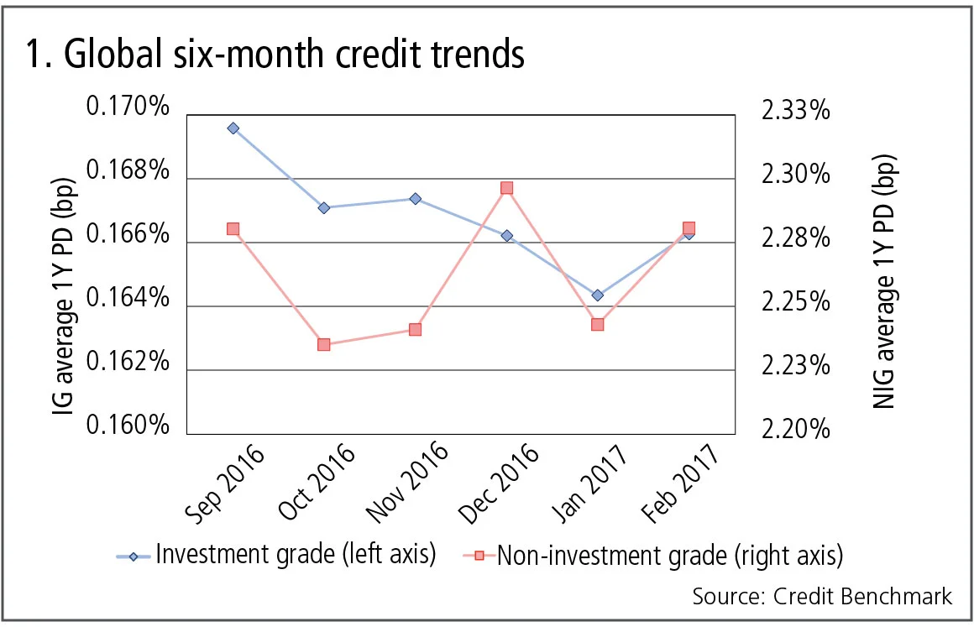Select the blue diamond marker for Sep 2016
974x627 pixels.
tap(233, 128)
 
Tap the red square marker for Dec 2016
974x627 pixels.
tap(507, 188)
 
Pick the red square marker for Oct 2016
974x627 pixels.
tap(324, 344)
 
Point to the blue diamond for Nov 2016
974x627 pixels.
tap(416, 199)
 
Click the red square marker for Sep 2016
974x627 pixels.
tap(233, 229)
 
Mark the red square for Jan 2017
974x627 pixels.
tap(598, 324)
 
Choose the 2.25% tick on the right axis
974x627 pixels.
tap(795, 301)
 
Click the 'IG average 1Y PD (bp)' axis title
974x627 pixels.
tap(64, 269)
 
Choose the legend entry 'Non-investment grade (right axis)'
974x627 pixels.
tap(659, 555)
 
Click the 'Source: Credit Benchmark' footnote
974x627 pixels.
tap(822, 596)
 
